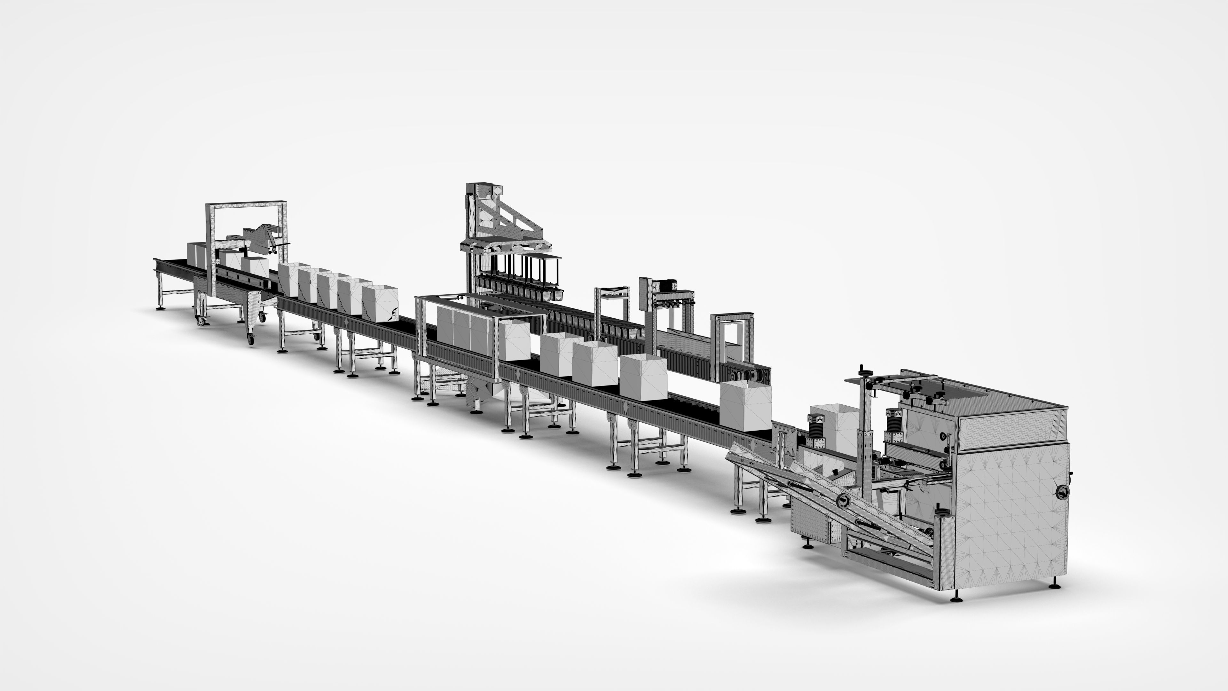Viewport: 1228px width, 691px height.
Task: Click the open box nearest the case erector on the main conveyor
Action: (745, 405)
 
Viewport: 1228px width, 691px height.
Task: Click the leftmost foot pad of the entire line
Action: (161, 308)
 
